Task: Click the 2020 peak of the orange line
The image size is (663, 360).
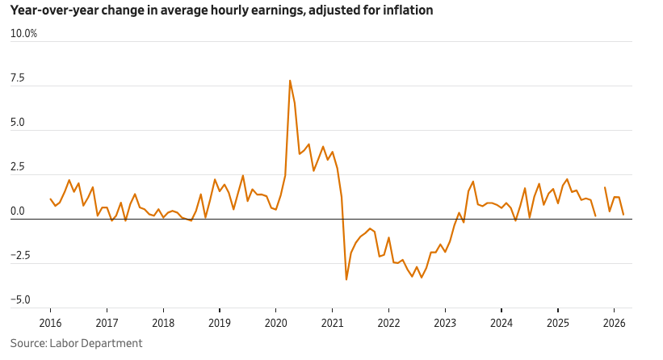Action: pyautogui.click(x=290, y=81)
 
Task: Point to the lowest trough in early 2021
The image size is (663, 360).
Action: pyautogui.click(x=346, y=279)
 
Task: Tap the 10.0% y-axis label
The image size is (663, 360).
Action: pyautogui.click(x=23, y=34)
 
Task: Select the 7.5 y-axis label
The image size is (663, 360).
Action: pyautogui.click(x=19, y=78)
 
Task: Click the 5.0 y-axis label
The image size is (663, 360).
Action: pyautogui.click(x=19, y=123)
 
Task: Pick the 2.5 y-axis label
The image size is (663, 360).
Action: pyautogui.click(x=19, y=167)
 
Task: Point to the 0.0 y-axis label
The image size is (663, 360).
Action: pyautogui.click(x=19, y=211)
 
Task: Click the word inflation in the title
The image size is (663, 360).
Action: pyautogui.click(x=408, y=10)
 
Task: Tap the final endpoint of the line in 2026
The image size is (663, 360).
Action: pyautogui.click(x=623, y=215)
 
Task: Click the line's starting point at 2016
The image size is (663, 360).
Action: pyautogui.click(x=50, y=199)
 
